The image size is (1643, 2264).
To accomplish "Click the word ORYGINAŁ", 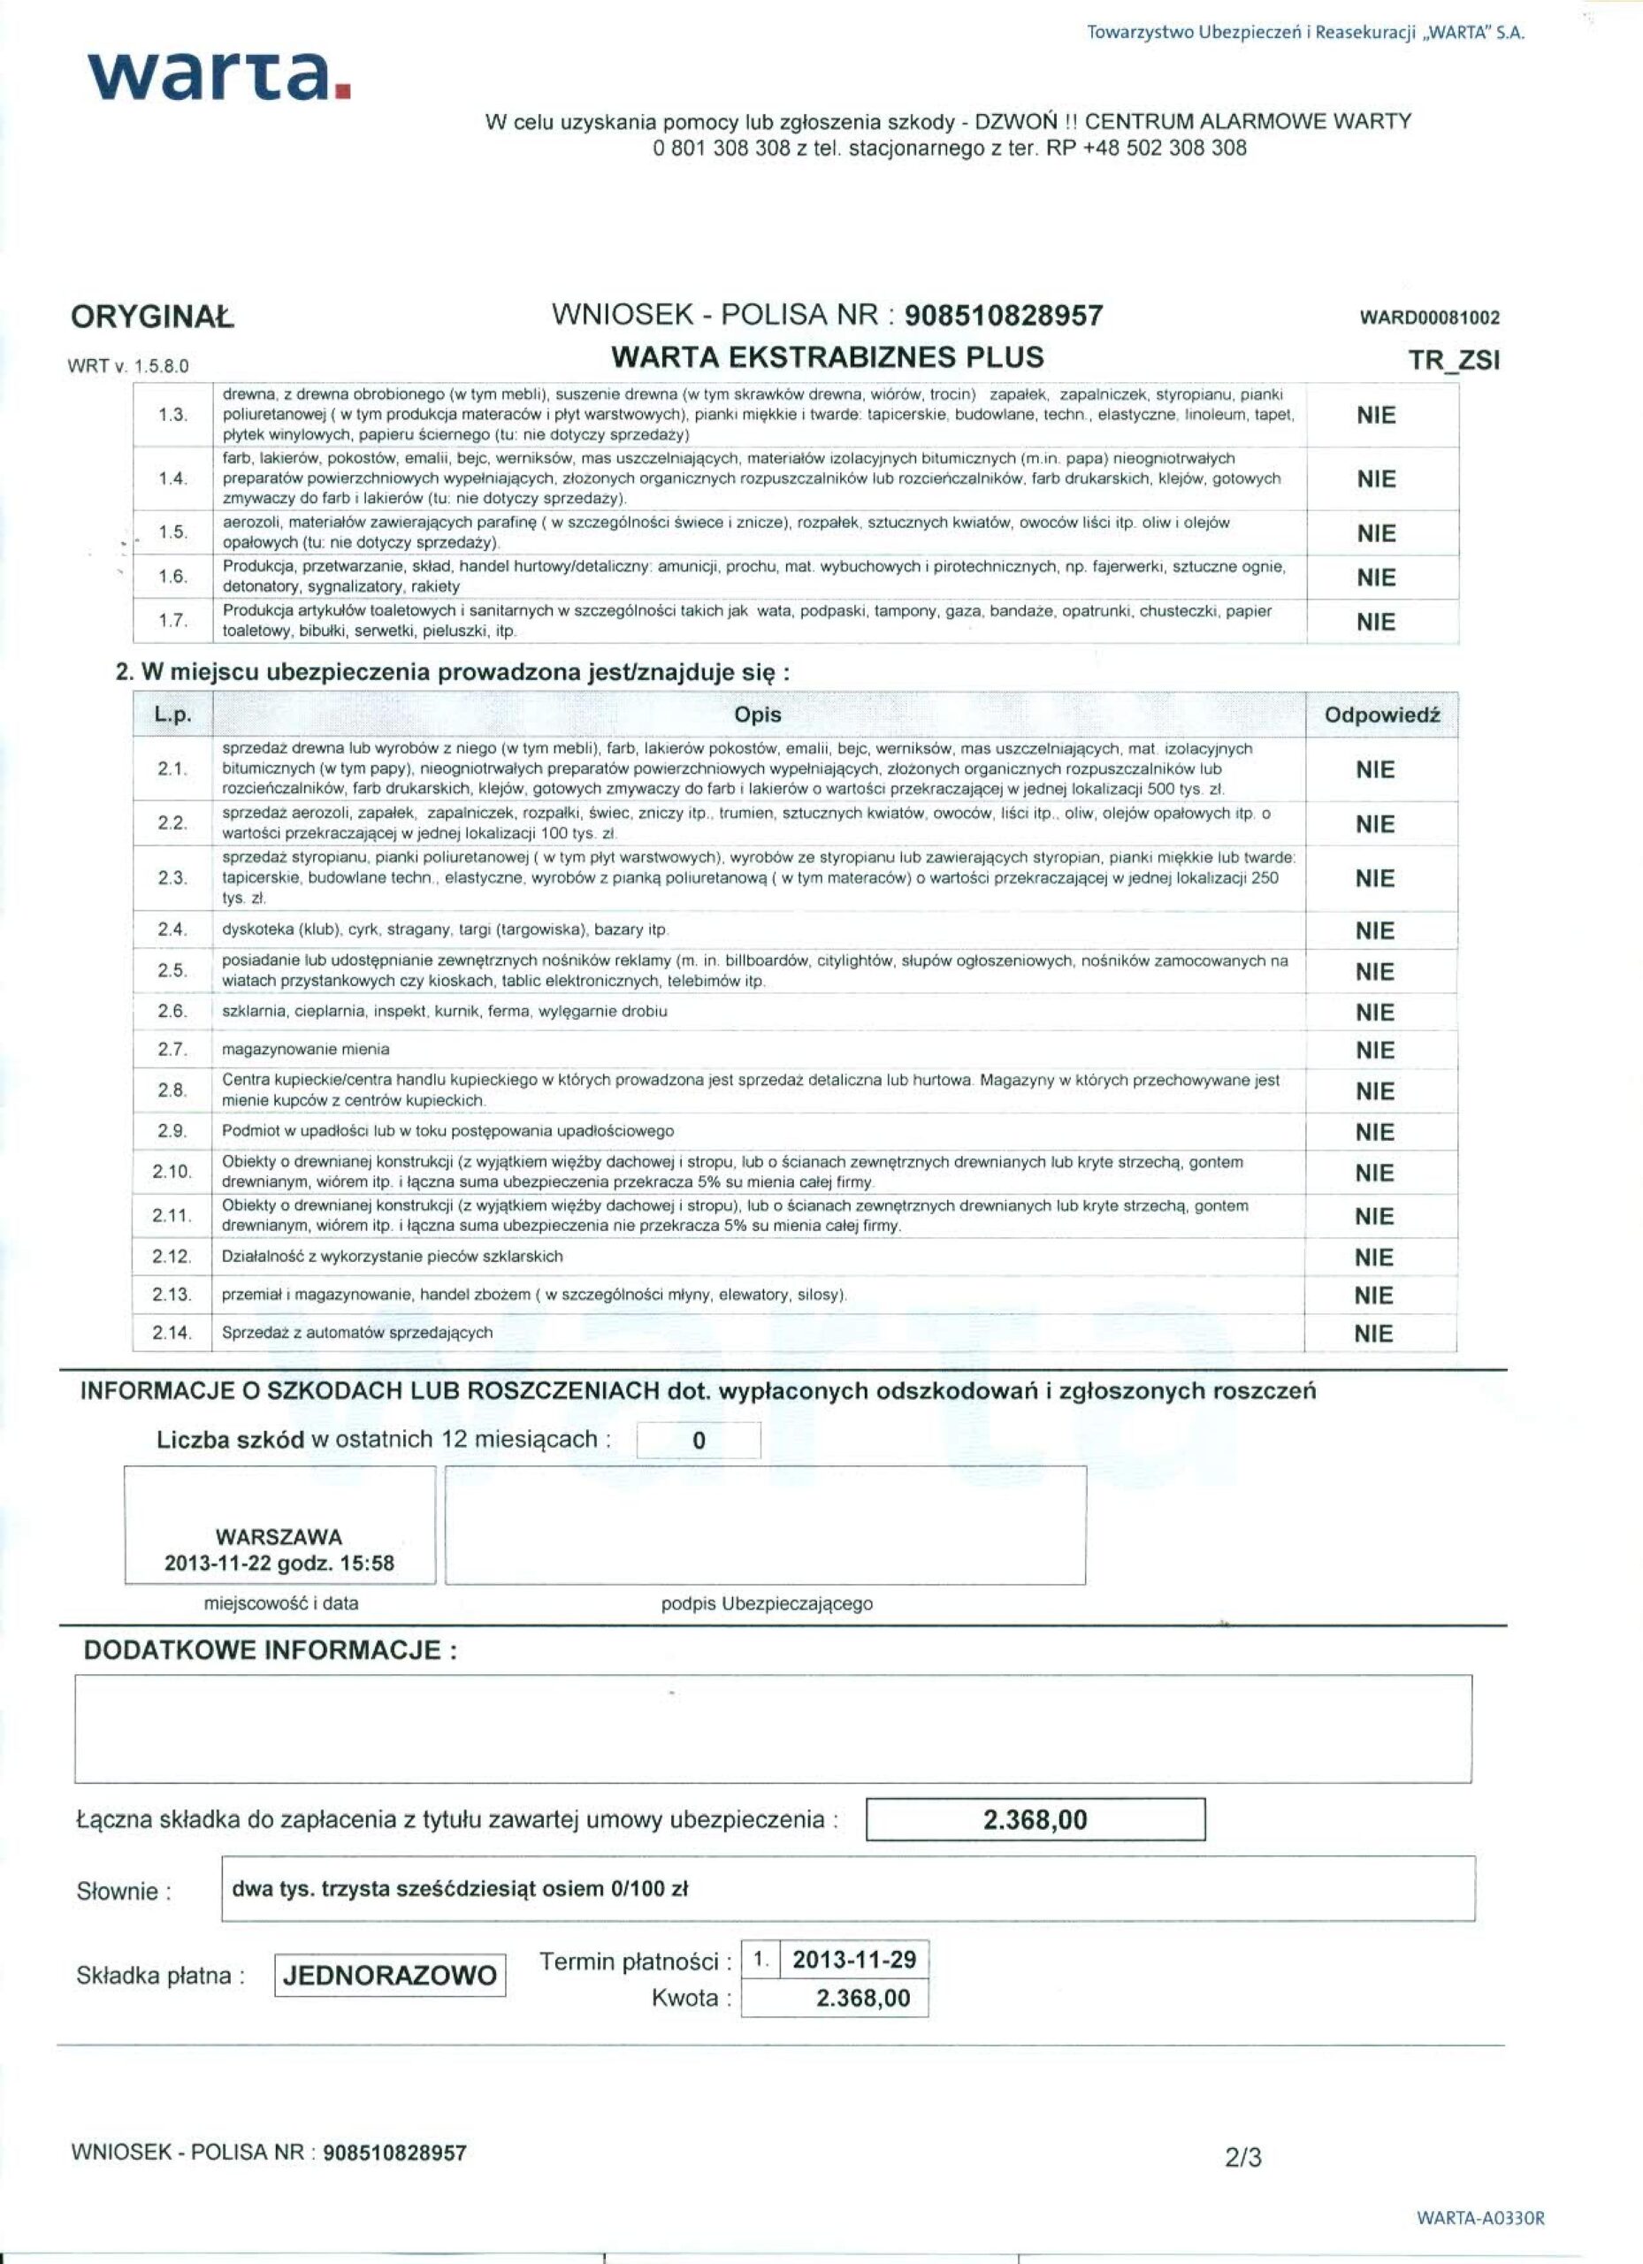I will click(152, 318).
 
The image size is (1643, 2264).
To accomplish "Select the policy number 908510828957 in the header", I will click(1005, 317).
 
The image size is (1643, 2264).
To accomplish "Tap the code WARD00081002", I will click(1429, 319).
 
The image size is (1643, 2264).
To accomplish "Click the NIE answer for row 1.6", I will click(1375, 578).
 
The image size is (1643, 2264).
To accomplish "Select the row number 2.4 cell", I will click(172, 929).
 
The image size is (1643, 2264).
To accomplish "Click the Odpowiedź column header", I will click(1381, 715).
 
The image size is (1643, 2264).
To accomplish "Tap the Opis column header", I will click(758, 715).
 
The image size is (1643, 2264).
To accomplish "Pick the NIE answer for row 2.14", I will click(1373, 1334).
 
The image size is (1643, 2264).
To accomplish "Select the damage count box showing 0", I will click(699, 1442).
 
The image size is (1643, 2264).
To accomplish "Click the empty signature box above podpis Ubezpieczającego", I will click(765, 1526).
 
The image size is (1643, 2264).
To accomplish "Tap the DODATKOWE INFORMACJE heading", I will click(270, 1650).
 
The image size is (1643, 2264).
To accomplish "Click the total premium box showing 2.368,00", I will click(1035, 1820).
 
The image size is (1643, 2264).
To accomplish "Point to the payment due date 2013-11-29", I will click(853, 1960).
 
